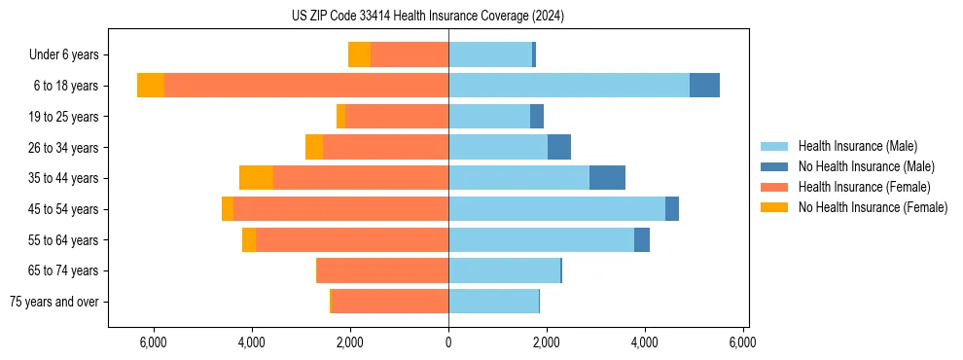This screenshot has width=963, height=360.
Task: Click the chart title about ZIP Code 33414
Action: coord(427,17)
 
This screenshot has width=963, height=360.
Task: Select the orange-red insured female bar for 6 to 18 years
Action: coord(306,86)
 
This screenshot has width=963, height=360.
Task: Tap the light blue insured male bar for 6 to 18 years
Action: coord(569,86)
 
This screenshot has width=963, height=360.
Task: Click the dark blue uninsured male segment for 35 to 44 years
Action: coord(607,178)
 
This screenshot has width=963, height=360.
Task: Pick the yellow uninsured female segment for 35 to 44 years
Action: coord(256,178)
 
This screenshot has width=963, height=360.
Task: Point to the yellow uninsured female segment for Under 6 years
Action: coord(359,54)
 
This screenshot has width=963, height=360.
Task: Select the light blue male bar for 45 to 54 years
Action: coord(556,209)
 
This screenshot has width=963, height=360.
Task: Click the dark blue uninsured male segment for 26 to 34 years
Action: coord(559,147)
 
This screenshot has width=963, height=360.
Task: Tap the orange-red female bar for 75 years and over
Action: coord(390,302)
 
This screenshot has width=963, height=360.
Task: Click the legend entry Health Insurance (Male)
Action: coord(857,146)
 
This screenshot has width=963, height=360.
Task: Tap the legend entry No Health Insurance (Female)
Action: coord(873,207)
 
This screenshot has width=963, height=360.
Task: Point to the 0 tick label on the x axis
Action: coord(448,342)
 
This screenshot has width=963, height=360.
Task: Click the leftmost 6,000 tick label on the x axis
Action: coord(154,342)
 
